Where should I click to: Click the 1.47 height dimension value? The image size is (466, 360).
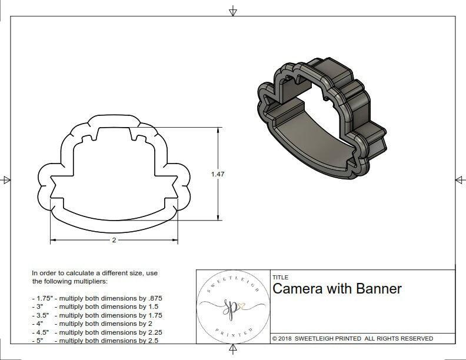point(218,174)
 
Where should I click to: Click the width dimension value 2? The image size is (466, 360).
point(114,240)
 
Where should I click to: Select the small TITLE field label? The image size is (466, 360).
point(279,278)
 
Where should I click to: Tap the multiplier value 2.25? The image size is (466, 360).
point(151,332)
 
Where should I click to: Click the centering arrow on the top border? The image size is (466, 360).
point(233,11)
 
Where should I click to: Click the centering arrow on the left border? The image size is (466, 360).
point(6,179)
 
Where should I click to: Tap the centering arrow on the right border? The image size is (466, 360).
point(460,179)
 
